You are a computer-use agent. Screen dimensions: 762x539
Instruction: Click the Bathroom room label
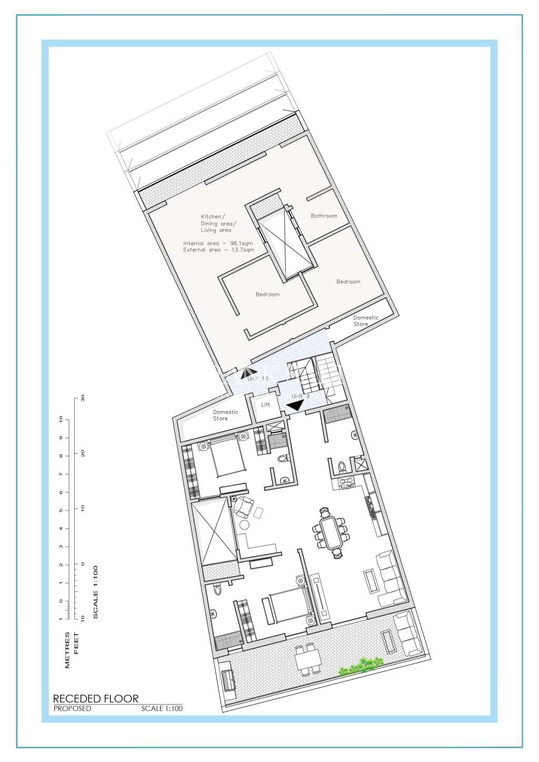coord(324,216)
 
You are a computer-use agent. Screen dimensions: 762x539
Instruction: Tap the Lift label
coord(265,405)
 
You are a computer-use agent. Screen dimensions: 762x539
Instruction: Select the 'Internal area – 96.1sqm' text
coord(218,243)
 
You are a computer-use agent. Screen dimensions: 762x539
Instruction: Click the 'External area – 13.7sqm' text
coord(218,250)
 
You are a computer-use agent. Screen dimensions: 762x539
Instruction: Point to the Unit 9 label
coord(301,396)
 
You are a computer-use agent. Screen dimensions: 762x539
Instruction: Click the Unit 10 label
coord(258,378)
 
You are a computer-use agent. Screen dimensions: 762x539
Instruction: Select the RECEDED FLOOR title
coord(96,699)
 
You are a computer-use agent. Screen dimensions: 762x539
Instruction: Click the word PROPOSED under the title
coord(73,709)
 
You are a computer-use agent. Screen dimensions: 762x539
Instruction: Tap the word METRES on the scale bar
coord(67,650)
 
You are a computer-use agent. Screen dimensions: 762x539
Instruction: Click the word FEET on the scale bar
coord(76,643)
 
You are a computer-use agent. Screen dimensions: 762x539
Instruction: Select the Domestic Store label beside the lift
coord(225,415)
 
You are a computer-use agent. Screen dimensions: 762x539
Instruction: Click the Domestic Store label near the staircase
coord(365,320)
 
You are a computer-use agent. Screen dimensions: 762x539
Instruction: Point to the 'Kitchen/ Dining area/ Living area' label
coord(216,223)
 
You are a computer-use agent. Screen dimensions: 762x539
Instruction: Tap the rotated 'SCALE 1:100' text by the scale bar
coord(95,592)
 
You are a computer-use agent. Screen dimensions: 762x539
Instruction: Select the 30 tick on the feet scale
coord(83,398)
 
